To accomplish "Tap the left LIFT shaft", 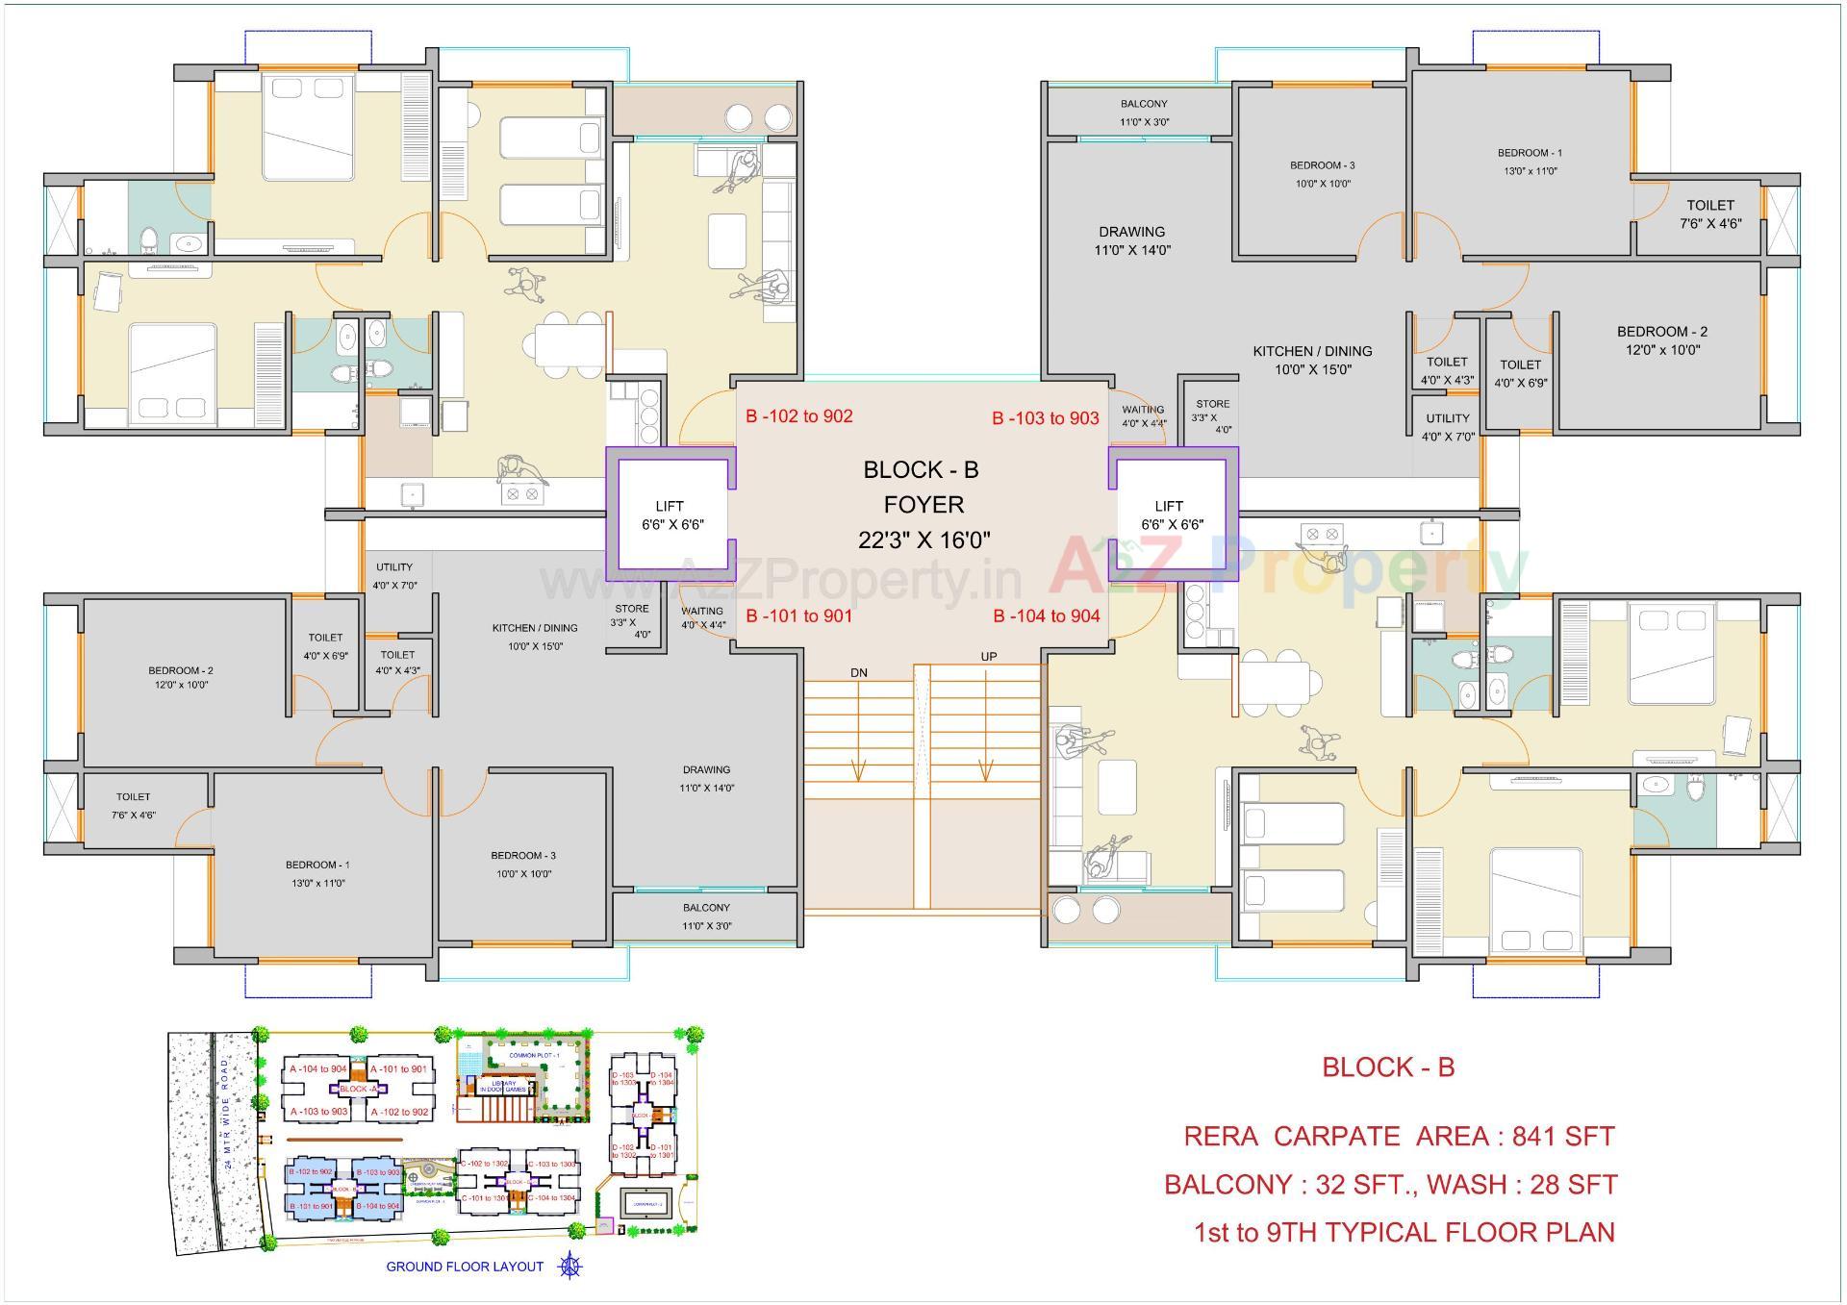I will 671,515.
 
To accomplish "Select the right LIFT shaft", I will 1171,515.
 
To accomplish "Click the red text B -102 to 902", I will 798,416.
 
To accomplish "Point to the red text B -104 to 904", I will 1046,616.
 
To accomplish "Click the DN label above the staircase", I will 858,673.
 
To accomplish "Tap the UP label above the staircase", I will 988,657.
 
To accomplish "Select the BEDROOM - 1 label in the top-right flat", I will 1529,153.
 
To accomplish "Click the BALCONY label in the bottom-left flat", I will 706,908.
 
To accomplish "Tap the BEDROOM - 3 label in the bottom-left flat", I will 522,856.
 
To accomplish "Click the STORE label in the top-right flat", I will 1212,405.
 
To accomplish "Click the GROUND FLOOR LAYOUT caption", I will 465,1267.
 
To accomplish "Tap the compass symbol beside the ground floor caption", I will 570,1267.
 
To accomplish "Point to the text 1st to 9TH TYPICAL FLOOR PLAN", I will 1404,1233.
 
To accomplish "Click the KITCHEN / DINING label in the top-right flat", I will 1311,352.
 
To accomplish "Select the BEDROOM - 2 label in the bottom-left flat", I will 180,670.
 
